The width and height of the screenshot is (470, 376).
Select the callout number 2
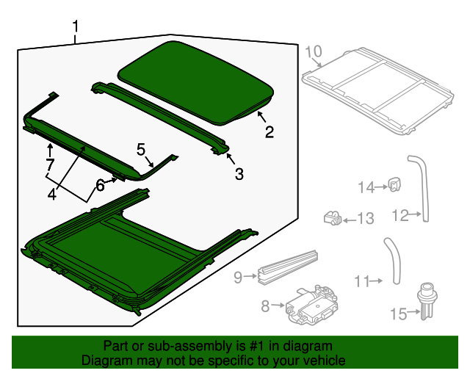tap(270, 132)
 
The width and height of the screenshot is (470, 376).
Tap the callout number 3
tap(239, 173)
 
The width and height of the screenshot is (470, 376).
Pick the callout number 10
tap(314, 51)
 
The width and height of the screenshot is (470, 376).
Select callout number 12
tap(400, 215)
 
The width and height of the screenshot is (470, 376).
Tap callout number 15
tap(398, 314)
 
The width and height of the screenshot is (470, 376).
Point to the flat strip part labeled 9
tap(288, 266)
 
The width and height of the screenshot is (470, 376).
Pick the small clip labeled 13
tap(332, 216)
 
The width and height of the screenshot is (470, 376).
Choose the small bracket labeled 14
tap(394, 186)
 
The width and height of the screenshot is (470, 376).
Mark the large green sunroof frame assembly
tap(140, 253)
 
